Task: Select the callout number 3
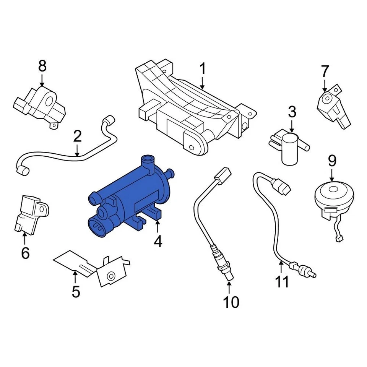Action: point(292,112)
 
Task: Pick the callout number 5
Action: point(76,292)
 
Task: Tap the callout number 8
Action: point(42,66)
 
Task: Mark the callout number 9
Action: point(332,161)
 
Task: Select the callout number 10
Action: point(231,302)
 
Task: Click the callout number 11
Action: point(282,282)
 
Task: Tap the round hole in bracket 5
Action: point(111,276)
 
